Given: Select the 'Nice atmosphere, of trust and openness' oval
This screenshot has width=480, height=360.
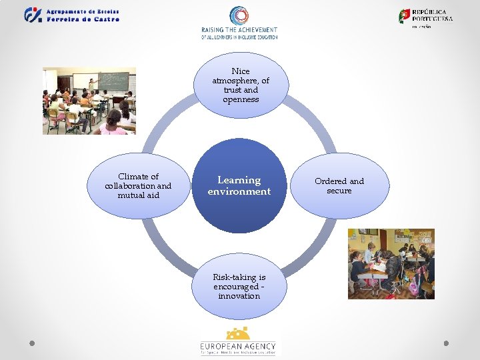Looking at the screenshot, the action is tap(240, 85).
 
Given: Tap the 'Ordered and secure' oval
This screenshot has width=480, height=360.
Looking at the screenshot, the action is tap(339, 185).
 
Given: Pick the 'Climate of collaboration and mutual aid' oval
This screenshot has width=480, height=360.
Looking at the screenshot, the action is tap(138, 186).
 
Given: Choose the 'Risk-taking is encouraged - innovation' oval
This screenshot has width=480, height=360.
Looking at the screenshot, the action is tap(239, 286).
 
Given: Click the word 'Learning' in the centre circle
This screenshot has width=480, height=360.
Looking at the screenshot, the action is tap(239, 180).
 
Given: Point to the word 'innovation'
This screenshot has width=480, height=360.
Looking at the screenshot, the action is tap(239, 296).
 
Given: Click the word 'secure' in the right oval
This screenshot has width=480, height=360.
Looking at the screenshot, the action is tap(339, 191).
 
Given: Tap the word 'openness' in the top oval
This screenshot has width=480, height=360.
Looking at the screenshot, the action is tap(241, 99).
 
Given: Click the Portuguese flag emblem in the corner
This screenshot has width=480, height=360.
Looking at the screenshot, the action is tap(405, 16).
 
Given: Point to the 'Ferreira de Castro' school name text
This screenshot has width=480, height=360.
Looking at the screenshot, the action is tap(83, 19).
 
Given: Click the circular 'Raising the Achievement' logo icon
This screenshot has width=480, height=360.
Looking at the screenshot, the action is tap(239, 16).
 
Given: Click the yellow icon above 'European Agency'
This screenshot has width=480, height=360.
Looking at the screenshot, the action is tap(238, 333).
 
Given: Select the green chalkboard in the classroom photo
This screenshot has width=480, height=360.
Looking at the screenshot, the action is tap(113, 81).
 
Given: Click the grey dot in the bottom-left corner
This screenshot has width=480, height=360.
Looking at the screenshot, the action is tap(32, 343).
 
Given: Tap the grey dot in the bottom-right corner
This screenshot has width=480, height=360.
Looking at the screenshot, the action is tap(447, 343).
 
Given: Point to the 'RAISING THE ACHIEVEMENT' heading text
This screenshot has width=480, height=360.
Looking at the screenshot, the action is tap(239, 30).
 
